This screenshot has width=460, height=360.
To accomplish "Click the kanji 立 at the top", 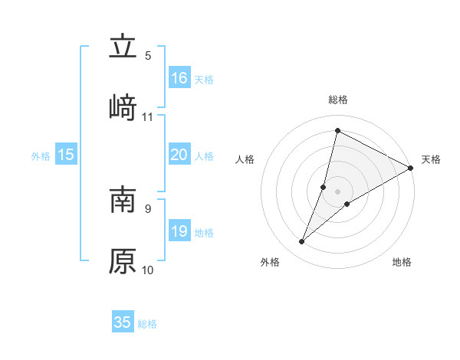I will pos(123,46).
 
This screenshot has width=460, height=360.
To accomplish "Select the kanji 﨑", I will pos(123,106).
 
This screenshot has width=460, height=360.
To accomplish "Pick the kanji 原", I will pos(123,260).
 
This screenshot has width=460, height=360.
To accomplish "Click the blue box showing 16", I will pos(179,77).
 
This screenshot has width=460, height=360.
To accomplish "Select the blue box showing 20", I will pos(179,155).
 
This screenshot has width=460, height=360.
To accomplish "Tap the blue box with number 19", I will pos(179,231).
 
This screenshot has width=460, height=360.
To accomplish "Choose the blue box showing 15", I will pos(66,155).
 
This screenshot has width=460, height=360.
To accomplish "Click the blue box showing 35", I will pos(123,322).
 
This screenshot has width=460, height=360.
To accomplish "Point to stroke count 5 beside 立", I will pos(148,56).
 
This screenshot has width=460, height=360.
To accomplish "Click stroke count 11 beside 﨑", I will pos(148,117).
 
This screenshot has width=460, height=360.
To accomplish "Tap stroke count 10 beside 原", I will pos(148,270).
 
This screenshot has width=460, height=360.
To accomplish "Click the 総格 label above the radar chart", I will pos(338,100).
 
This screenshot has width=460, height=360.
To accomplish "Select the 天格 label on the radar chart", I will pos(431,159).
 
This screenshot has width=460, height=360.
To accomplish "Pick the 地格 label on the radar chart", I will pos(402,263).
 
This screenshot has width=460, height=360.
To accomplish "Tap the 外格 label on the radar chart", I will pos(270,263).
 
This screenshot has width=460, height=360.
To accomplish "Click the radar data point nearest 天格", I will pos(411,168).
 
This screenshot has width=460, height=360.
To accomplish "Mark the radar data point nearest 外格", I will pos(302,242).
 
